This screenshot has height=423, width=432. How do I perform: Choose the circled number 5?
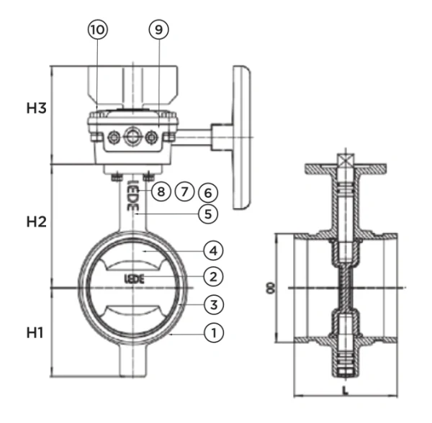tap(207, 214)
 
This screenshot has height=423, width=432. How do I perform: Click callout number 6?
tap(207, 192)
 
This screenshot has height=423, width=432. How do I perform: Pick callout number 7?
tap(184, 192)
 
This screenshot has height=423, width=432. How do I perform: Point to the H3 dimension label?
tap(37, 109)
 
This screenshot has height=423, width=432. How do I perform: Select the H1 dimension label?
tap(37, 332)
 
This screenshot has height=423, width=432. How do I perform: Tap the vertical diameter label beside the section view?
tap(269, 288)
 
